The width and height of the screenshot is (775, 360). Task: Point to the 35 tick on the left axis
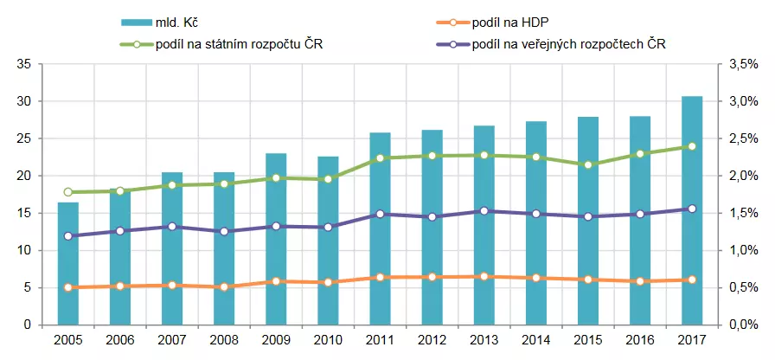click(23, 65)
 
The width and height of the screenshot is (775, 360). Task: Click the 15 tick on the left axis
click(23, 214)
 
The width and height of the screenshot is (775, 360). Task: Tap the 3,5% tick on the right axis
click(743, 65)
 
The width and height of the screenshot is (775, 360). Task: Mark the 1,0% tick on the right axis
click(743, 251)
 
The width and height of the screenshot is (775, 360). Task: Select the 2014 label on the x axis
click(535, 341)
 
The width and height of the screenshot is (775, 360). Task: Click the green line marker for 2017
click(691, 146)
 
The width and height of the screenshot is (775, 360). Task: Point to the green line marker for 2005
click(68, 192)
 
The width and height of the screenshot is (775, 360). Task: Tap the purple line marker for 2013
click(484, 211)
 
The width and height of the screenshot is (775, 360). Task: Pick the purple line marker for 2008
click(224, 232)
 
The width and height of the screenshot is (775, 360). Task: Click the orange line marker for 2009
click(276, 281)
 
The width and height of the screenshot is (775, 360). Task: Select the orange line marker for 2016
click(639, 281)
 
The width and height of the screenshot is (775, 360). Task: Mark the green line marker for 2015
click(587, 164)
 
